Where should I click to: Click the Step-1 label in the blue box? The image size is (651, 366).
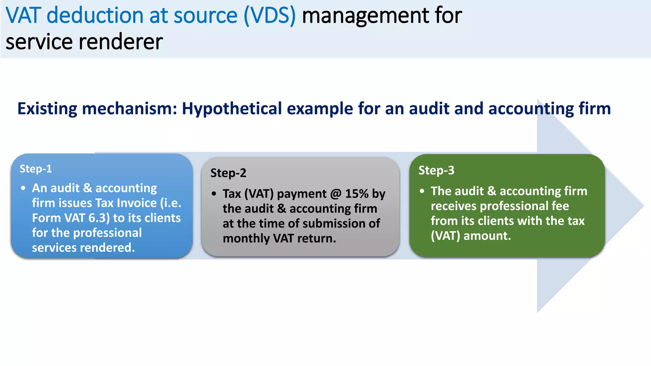[x=36, y=169]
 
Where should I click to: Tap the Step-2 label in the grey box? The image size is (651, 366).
[x=228, y=173]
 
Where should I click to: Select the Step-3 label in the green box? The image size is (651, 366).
[x=436, y=171]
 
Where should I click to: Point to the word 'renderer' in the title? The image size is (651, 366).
[x=121, y=42]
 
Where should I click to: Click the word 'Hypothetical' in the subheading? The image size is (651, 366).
[x=232, y=109]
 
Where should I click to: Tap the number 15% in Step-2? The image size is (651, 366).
[x=357, y=194]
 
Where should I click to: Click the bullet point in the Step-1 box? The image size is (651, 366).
[x=23, y=188]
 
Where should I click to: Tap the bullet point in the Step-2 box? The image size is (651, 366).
[x=214, y=194]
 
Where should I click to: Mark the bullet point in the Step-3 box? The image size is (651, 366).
[x=422, y=191]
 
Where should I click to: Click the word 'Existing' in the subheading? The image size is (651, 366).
[x=47, y=109]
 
